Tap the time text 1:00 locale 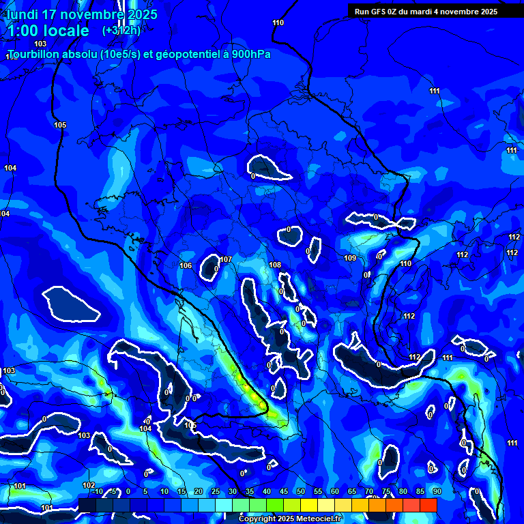[48, 31]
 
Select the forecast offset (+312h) [121, 31]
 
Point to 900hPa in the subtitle [250, 54]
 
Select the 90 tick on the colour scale [437, 492]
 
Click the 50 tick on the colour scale [300, 492]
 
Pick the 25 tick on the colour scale [215, 492]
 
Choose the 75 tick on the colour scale [385, 492]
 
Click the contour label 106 [186, 265]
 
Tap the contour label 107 [226, 260]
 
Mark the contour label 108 [275, 265]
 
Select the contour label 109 [350, 258]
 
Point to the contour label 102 [89, 485]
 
